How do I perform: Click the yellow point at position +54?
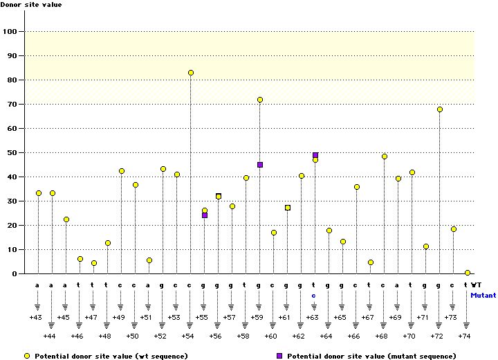pos(191,73)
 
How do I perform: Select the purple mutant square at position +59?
pos(260,165)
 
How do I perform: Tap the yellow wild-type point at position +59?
pos(260,100)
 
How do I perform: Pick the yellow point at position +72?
pos(440,109)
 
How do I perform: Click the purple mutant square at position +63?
pos(315,155)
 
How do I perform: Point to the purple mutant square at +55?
pos(205,215)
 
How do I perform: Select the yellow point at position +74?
pos(468,273)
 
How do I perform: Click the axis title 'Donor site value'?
pos(30,5)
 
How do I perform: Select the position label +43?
pos(36,317)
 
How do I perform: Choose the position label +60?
pos(271,336)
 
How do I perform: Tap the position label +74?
pos(465,336)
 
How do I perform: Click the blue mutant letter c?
pos(313,295)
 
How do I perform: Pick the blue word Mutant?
pos(483,295)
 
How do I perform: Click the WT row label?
pos(477,285)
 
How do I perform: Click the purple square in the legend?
pos(279,356)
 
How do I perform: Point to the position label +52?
pos(160,336)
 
